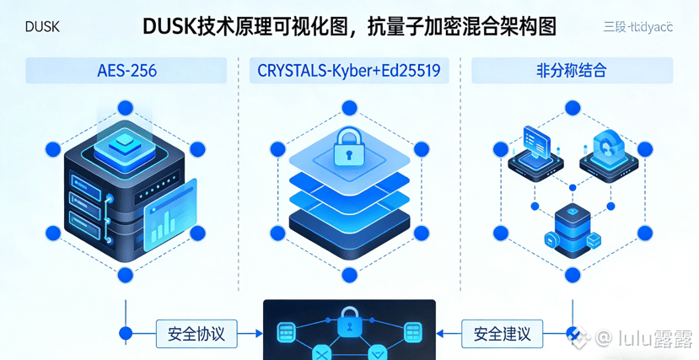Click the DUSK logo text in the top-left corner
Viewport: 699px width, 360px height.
pyautogui.click(x=42, y=27)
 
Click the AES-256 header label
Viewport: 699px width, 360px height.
pyautogui.click(x=126, y=71)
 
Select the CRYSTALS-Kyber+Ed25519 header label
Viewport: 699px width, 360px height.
pyautogui.click(x=349, y=71)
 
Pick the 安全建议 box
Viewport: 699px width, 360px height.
pyautogui.click(x=503, y=334)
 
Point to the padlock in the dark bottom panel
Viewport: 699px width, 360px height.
pyautogui.click(x=348, y=321)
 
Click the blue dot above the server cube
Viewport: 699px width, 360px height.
pyautogui.click(x=126, y=108)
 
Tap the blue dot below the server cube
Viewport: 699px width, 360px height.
pyautogui.click(x=126, y=275)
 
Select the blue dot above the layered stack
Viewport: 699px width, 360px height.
pyautogui.click(x=349, y=108)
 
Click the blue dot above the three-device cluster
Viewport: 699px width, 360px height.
pyautogui.click(x=573, y=108)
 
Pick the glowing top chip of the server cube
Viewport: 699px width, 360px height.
pyautogui.click(x=125, y=142)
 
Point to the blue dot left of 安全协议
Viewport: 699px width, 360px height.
pyautogui.click(x=126, y=334)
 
